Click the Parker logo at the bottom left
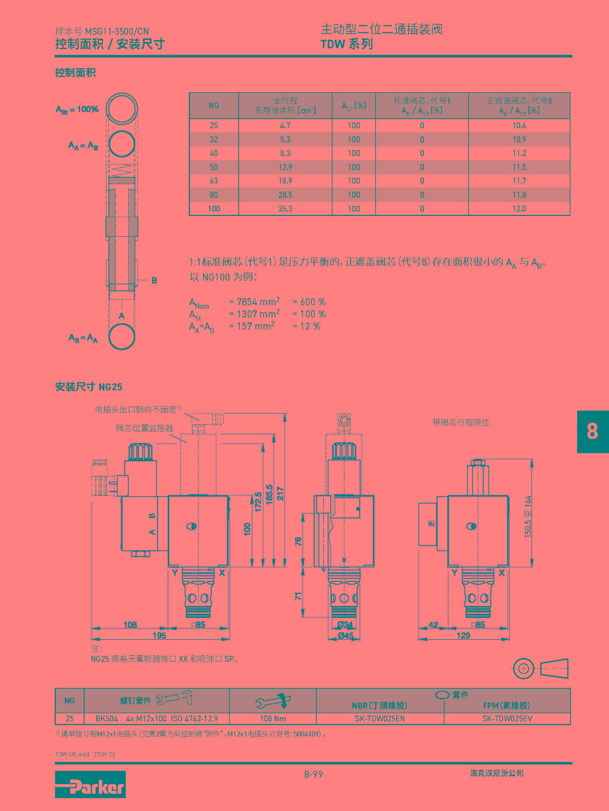point(90,784)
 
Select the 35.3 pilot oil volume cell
point(285,209)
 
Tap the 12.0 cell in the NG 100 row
point(519,209)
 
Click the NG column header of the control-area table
point(214,105)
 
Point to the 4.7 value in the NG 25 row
point(285,126)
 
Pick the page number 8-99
point(313,774)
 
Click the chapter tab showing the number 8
point(593,431)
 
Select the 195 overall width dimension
point(159,635)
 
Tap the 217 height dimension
point(280,494)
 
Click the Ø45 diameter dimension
point(345,636)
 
